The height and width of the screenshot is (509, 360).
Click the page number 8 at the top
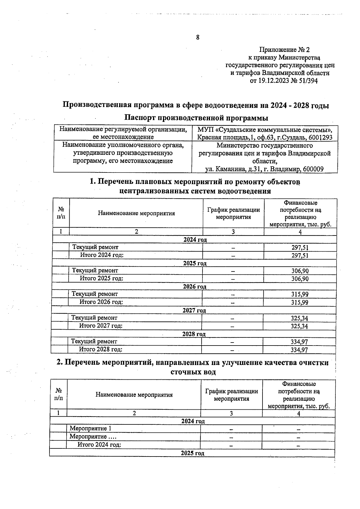point(197,37)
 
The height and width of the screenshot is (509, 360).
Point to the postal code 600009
point(313,169)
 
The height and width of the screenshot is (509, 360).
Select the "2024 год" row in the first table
point(195,240)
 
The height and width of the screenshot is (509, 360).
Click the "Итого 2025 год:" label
point(101,278)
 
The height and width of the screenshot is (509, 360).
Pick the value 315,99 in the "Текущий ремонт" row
point(300,294)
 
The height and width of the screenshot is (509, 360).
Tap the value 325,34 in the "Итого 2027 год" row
point(299,326)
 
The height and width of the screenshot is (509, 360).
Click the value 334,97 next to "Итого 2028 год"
point(299,350)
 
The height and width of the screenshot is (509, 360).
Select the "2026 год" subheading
point(194,286)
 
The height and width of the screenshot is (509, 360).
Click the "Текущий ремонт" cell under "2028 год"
point(94,341)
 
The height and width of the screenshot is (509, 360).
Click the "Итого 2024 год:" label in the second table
point(99,445)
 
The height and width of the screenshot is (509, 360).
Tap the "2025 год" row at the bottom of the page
point(192,453)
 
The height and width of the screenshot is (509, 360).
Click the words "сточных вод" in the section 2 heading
point(193,372)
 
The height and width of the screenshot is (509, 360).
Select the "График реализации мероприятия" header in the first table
point(233,213)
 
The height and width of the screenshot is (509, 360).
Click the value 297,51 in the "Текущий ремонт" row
point(300,247)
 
